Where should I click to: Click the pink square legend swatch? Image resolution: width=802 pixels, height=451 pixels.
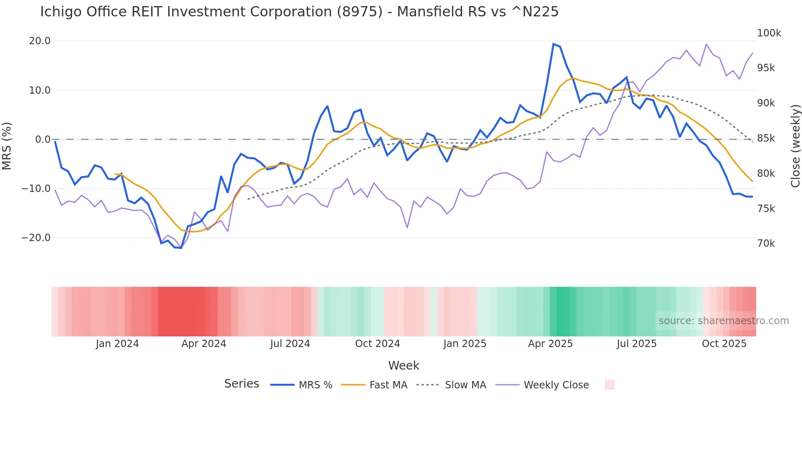(609, 385)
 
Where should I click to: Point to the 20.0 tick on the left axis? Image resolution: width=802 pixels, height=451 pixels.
(40, 41)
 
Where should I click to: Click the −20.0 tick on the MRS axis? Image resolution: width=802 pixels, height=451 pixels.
(36, 238)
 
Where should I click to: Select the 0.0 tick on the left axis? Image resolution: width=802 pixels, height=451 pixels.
(43, 140)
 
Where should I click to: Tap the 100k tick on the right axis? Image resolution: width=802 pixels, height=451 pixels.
(769, 33)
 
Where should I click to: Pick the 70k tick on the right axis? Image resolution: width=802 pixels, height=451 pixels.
(766, 244)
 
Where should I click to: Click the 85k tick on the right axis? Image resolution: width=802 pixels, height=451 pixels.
(766, 138)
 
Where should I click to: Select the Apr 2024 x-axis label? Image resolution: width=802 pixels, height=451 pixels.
(204, 344)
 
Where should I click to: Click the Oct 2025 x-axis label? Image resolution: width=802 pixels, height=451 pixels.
(724, 344)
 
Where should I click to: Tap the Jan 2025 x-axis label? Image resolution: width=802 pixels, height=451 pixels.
(464, 344)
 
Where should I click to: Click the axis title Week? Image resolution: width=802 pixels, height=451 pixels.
(403, 365)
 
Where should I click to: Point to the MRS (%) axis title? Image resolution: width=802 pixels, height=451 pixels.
(7, 146)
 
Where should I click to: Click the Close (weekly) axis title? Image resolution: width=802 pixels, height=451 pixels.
(795, 146)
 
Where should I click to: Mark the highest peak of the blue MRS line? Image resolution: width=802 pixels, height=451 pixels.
(553, 44)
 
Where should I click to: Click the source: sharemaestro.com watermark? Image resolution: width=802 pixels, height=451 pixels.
(723, 321)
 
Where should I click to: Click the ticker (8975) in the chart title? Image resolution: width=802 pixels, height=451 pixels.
(360, 12)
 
